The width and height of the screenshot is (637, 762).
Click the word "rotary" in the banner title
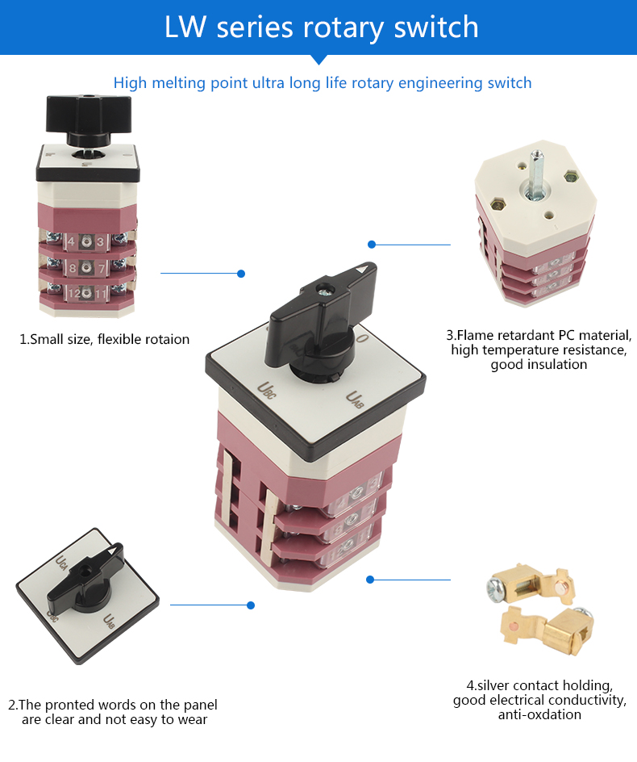pyautogui.click(x=343, y=27)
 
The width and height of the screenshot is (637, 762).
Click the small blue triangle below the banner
pyautogui.click(x=318, y=58)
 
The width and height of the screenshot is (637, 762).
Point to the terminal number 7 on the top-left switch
pyautogui.click(x=102, y=268)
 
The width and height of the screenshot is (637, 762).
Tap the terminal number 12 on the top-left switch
pyautogui.click(x=73, y=294)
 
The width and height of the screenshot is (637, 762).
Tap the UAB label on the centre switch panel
pyautogui.click(x=356, y=398)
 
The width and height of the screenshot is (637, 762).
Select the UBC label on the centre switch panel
pyautogui.click(x=265, y=388)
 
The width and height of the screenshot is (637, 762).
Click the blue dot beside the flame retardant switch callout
pyautogui.click(x=372, y=244)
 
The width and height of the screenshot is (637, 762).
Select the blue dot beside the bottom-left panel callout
pyautogui.click(x=251, y=605)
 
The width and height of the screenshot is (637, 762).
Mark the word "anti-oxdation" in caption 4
pyautogui.click(x=539, y=714)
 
